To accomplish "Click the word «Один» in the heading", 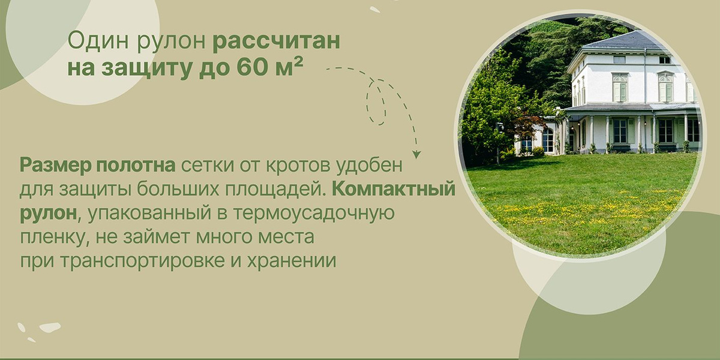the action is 98,41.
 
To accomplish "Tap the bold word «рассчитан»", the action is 277,43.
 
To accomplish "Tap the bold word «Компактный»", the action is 394,189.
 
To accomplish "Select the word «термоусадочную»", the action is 314,214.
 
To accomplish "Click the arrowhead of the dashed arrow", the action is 416,155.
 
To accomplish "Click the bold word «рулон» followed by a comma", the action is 48,214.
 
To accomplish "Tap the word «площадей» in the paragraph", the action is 274,190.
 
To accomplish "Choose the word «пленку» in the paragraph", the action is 52,237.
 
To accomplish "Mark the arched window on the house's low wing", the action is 548,140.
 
